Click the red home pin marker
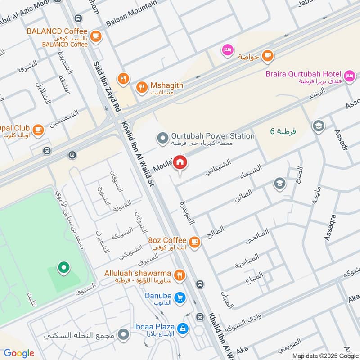point(180,162)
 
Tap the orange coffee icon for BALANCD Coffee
point(95,36)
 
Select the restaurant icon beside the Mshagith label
point(142,87)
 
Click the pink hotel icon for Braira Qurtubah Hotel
point(349,75)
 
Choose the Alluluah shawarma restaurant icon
point(180,274)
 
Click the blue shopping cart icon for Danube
point(180,298)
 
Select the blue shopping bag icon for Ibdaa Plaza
point(182,328)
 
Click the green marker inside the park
point(63,269)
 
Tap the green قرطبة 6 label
point(283,131)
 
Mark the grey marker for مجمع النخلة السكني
point(123,335)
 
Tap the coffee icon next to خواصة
point(268,55)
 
